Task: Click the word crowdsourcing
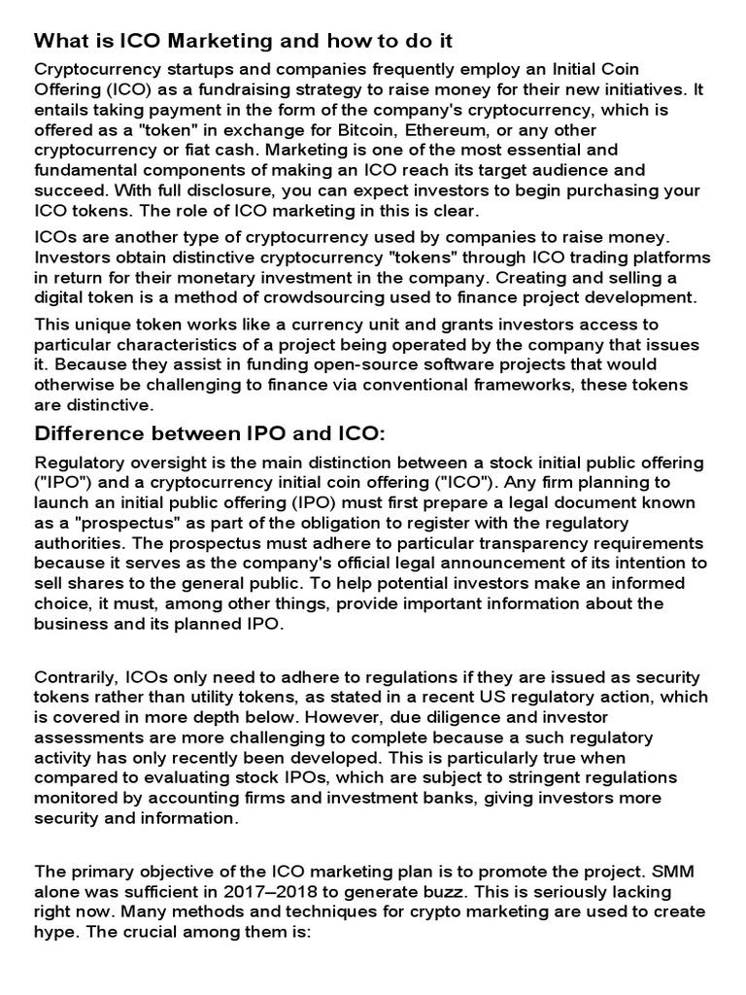pyautogui.click(x=364, y=296)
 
